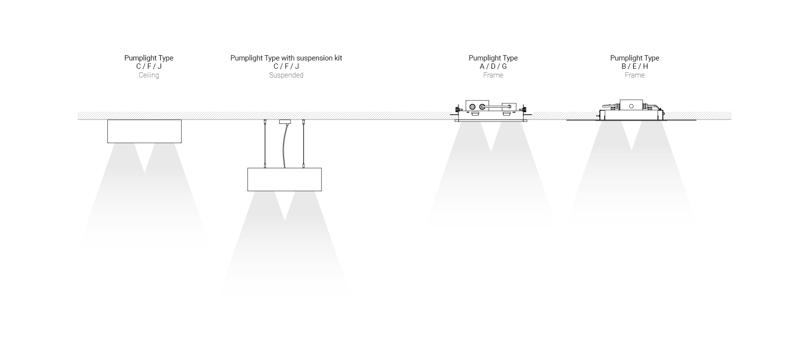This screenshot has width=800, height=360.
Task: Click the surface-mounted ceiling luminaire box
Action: click(x=144, y=131)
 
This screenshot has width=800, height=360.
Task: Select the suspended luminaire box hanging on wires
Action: click(x=284, y=179)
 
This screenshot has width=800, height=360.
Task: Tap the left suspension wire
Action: click(x=265, y=144)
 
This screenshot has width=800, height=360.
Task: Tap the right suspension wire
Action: click(x=303, y=144)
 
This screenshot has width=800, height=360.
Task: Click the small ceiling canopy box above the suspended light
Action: click(x=285, y=121)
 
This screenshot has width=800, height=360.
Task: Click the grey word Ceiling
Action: click(x=149, y=75)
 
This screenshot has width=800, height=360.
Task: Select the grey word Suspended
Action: click(x=286, y=75)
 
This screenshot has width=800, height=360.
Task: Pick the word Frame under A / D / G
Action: click(x=493, y=75)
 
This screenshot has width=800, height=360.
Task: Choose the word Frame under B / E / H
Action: click(x=635, y=75)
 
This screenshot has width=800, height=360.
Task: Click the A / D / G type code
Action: click(x=493, y=66)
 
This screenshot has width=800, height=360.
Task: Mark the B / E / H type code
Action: click(x=635, y=66)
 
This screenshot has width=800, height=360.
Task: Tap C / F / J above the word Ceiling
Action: click(x=149, y=66)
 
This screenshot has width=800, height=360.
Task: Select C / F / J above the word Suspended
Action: click(x=286, y=66)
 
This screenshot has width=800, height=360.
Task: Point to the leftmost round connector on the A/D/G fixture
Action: click(x=472, y=106)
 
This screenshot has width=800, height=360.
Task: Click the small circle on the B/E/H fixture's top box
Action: click(x=631, y=106)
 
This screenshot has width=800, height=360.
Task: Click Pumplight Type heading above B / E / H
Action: click(x=635, y=58)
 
